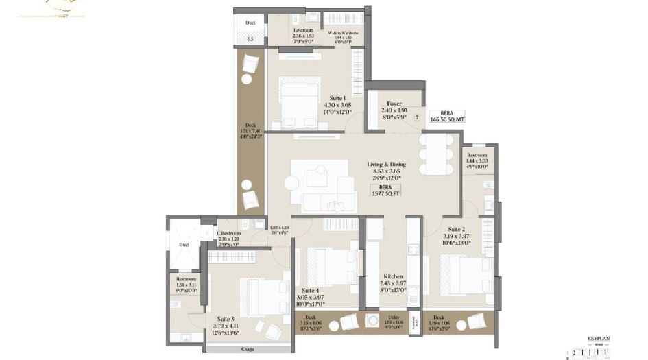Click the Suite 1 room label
pos(337,98)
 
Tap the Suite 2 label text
pos(438,229)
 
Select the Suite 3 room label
pos(226,319)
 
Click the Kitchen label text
pos(394,276)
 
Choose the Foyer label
pos(394,104)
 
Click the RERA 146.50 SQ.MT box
pos(447,115)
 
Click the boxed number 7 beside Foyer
pos(417,117)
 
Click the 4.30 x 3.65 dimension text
pos(337,105)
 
